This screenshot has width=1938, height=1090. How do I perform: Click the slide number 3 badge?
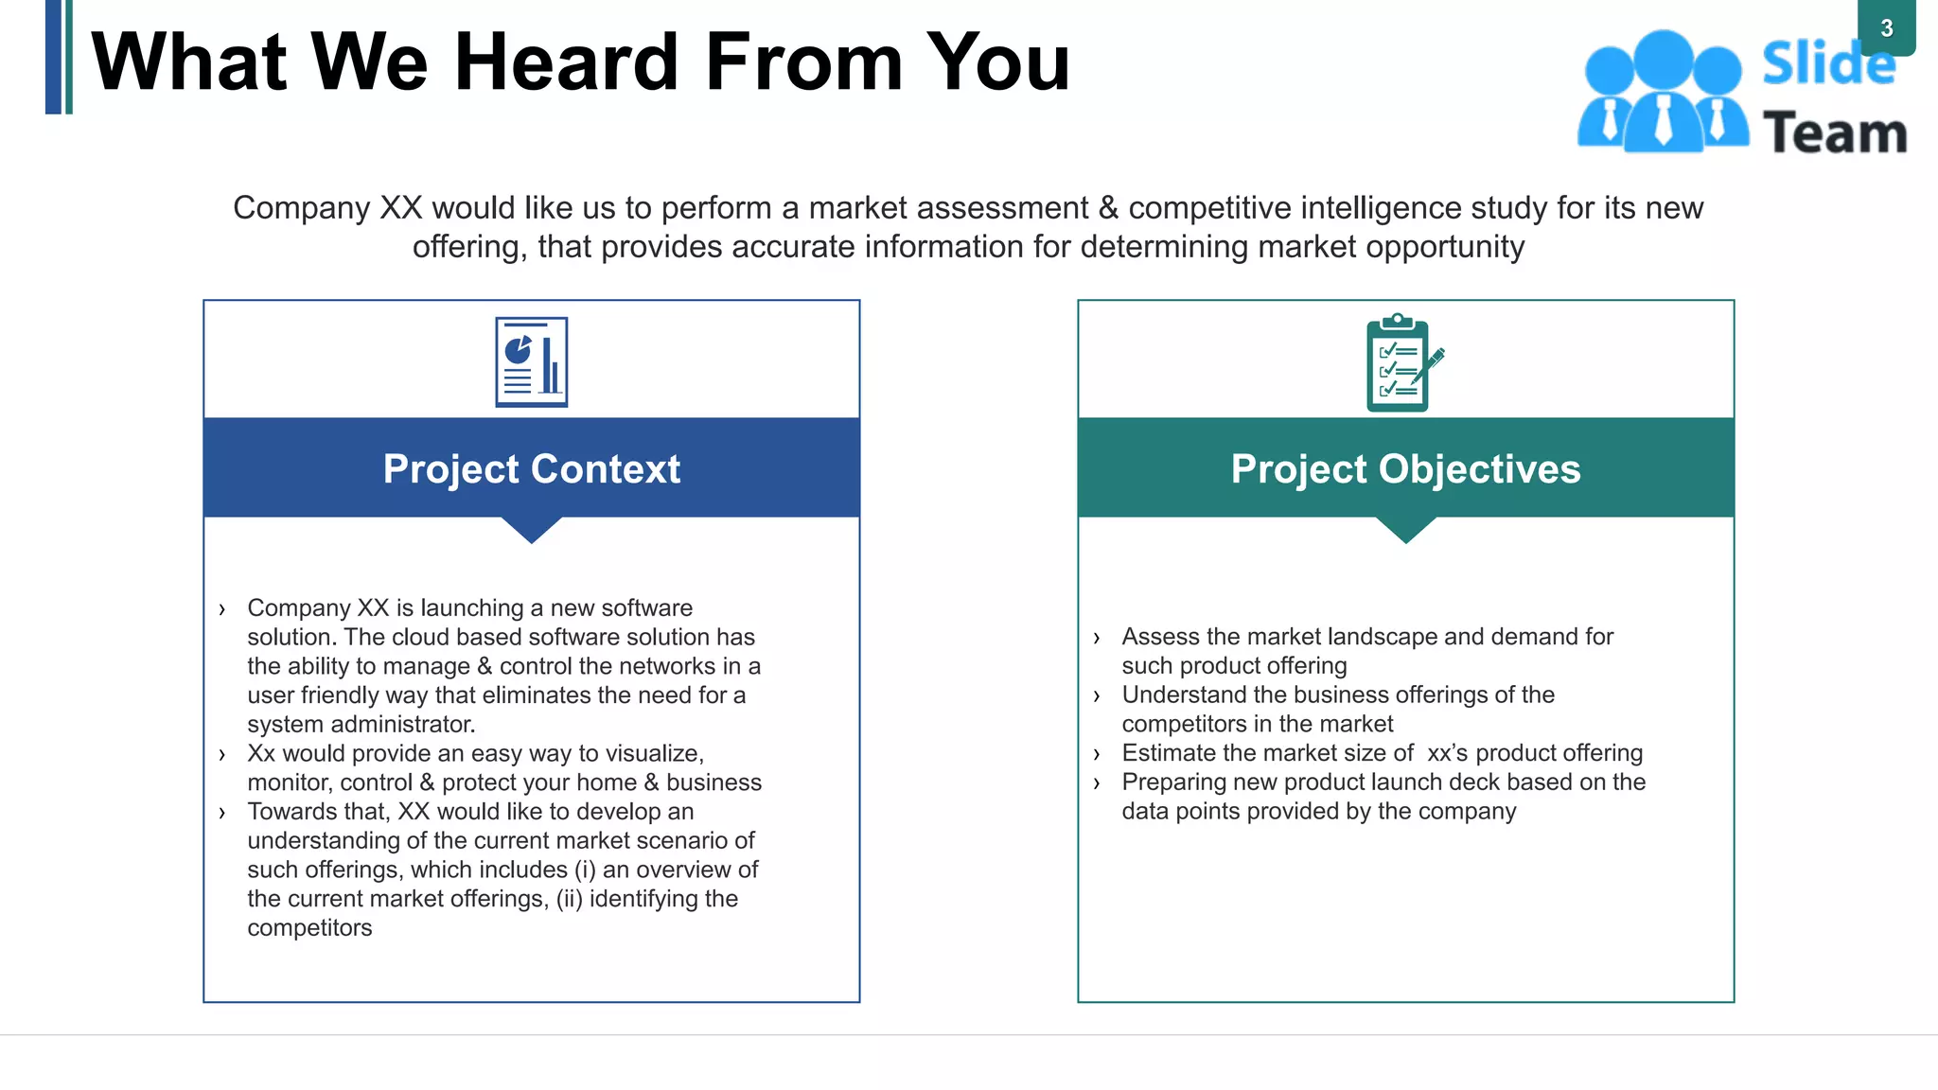click(x=1886, y=28)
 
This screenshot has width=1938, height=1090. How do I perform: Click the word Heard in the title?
click(x=566, y=62)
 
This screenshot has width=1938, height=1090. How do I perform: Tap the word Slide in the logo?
click(x=1828, y=64)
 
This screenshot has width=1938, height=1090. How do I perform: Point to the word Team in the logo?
click(x=1835, y=133)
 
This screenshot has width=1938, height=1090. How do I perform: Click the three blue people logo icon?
click(x=1663, y=92)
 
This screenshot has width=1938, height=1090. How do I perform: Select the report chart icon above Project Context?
click(x=532, y=362)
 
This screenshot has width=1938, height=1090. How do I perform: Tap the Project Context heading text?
click(x=532, y=469)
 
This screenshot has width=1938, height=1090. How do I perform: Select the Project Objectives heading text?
click(x=1405, y=469)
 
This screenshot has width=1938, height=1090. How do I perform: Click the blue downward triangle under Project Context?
click(x=532, y=528)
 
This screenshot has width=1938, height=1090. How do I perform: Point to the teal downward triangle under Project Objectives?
click(x=1406, y=528)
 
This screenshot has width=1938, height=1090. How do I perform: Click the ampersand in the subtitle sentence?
click(x=1108, y=208)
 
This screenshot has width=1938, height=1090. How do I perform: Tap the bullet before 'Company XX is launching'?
click(x=222, y=609)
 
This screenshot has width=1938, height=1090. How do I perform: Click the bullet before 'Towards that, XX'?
click(x=222, y=813)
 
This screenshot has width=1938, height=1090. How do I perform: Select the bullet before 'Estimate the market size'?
click(x=1097, y=755)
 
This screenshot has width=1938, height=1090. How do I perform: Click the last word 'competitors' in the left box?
click(x=309, y=928)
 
